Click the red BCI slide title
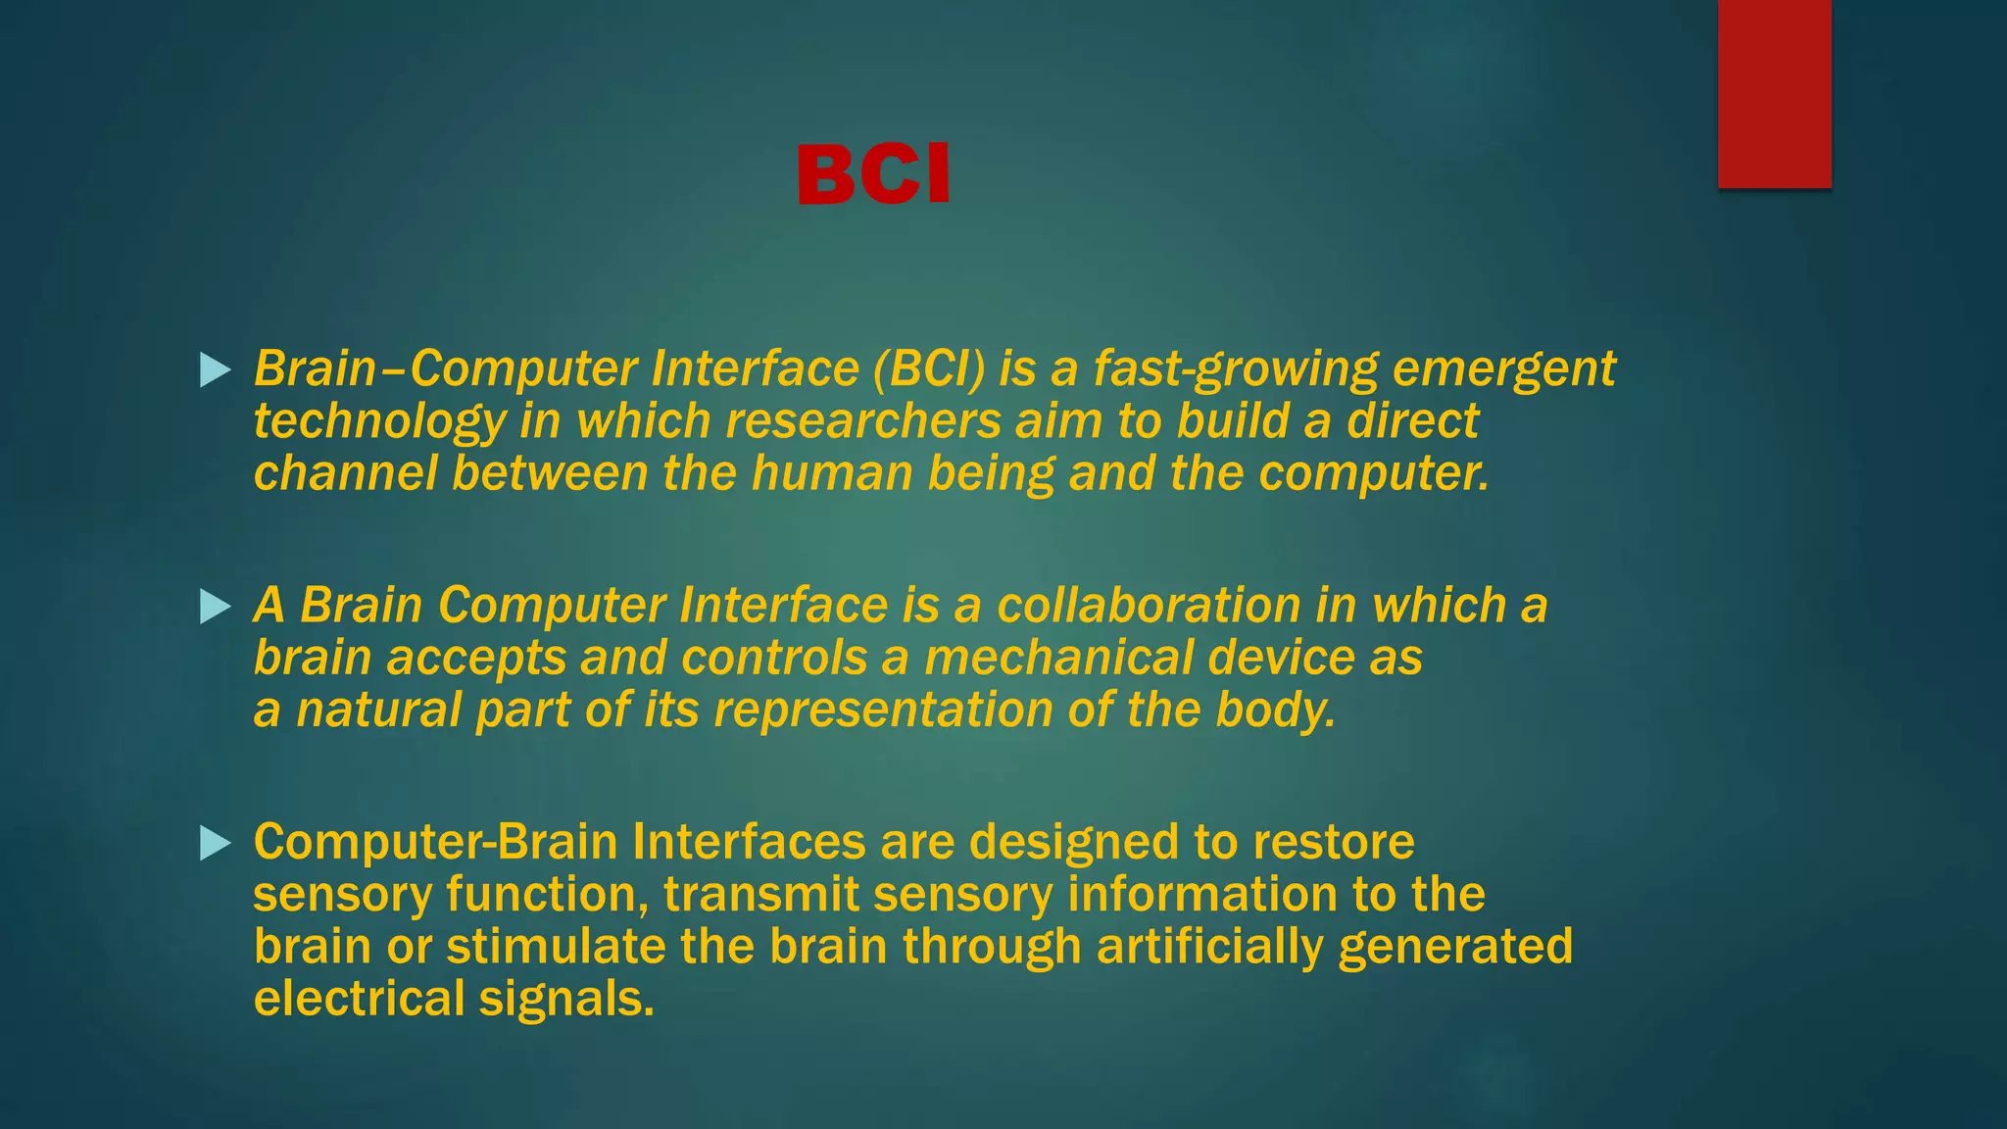click(873, 174)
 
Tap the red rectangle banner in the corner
click(1774, 93)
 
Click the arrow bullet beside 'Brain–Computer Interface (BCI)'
click(215, 369)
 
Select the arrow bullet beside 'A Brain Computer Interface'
click(215, 607)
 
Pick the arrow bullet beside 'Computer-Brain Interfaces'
click(215, 843)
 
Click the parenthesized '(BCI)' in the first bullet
click(928, 369)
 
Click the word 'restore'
click(1333, 843)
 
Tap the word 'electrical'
click(359, 1000)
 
